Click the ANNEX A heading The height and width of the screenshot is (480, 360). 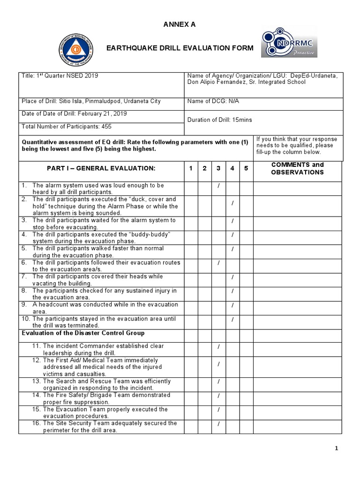(180, 25)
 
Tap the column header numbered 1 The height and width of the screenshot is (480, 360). (190, 168)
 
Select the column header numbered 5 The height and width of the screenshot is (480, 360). (246, 168)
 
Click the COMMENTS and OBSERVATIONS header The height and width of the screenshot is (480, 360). (298, 168)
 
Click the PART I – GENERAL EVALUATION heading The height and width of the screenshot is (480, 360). (101, 168)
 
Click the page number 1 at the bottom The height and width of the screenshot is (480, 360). (336, 449)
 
